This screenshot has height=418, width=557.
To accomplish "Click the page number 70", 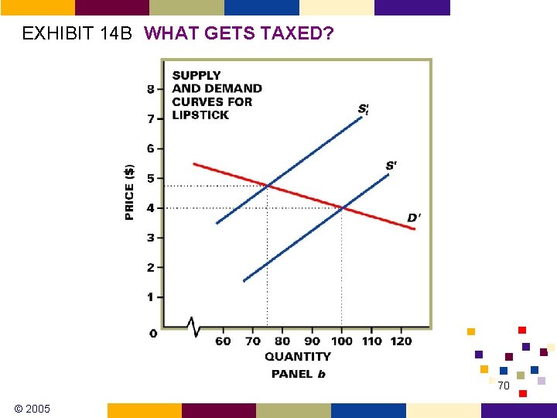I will pyautogui.click(x=504, y=385).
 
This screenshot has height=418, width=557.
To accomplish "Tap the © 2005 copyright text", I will pyautogui.click(x=32, y=408).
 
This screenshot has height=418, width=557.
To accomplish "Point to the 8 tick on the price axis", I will pyautogui.click(x=151, y=89).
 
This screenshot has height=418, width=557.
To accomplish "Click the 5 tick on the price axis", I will pyautogui.click(x=151, y=178).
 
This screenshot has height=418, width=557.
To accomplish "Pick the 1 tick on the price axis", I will pyautogui.click(x=151, y=297).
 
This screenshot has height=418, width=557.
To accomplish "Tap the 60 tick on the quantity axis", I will pyautogui.click(x=223, y=341).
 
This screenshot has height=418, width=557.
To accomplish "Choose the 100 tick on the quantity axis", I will pyautogui.click(x=341, y=341).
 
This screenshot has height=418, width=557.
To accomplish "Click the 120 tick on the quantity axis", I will pyautogui.click(x=401, y=341).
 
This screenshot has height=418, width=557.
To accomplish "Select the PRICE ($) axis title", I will pyautogui.click(x=129, y=191).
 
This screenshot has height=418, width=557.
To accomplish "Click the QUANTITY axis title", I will pyautogui.click(x=297, y=357).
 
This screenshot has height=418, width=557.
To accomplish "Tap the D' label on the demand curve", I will pyautogui.click(x=415, y=218).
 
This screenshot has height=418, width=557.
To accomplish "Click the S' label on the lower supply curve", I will pyautogui.click(x=391, y=166).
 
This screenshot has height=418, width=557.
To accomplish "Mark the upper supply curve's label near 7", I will pyautogui.click(x=364, y=109).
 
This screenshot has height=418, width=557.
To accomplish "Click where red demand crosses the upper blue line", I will pyautogui.click(x=268, y=185).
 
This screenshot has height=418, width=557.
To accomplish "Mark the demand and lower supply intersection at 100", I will pyautogui.click(x=342, y=207).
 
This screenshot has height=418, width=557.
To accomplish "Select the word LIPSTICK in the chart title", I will pyautogui.click(x=200, y=115).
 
